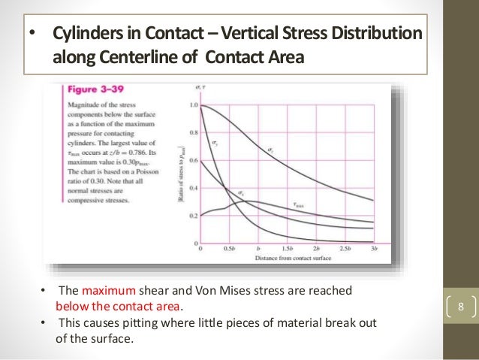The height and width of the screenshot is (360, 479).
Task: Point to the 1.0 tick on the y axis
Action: point(194,106)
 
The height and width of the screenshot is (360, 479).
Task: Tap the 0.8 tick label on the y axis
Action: point(194,133)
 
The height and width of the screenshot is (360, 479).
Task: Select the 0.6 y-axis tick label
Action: point(194,161)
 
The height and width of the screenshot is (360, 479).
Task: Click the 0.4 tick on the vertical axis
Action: point(194,189)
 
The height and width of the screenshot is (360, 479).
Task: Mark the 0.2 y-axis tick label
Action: point(194,216)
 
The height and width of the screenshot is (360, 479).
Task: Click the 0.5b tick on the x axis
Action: point(229,249)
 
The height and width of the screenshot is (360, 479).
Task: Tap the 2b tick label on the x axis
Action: point(316,249)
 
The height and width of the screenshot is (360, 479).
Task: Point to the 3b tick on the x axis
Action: point(373,249)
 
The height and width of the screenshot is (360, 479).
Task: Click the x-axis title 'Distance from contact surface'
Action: point(286,257)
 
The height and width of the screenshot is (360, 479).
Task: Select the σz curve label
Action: point(270,151)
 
